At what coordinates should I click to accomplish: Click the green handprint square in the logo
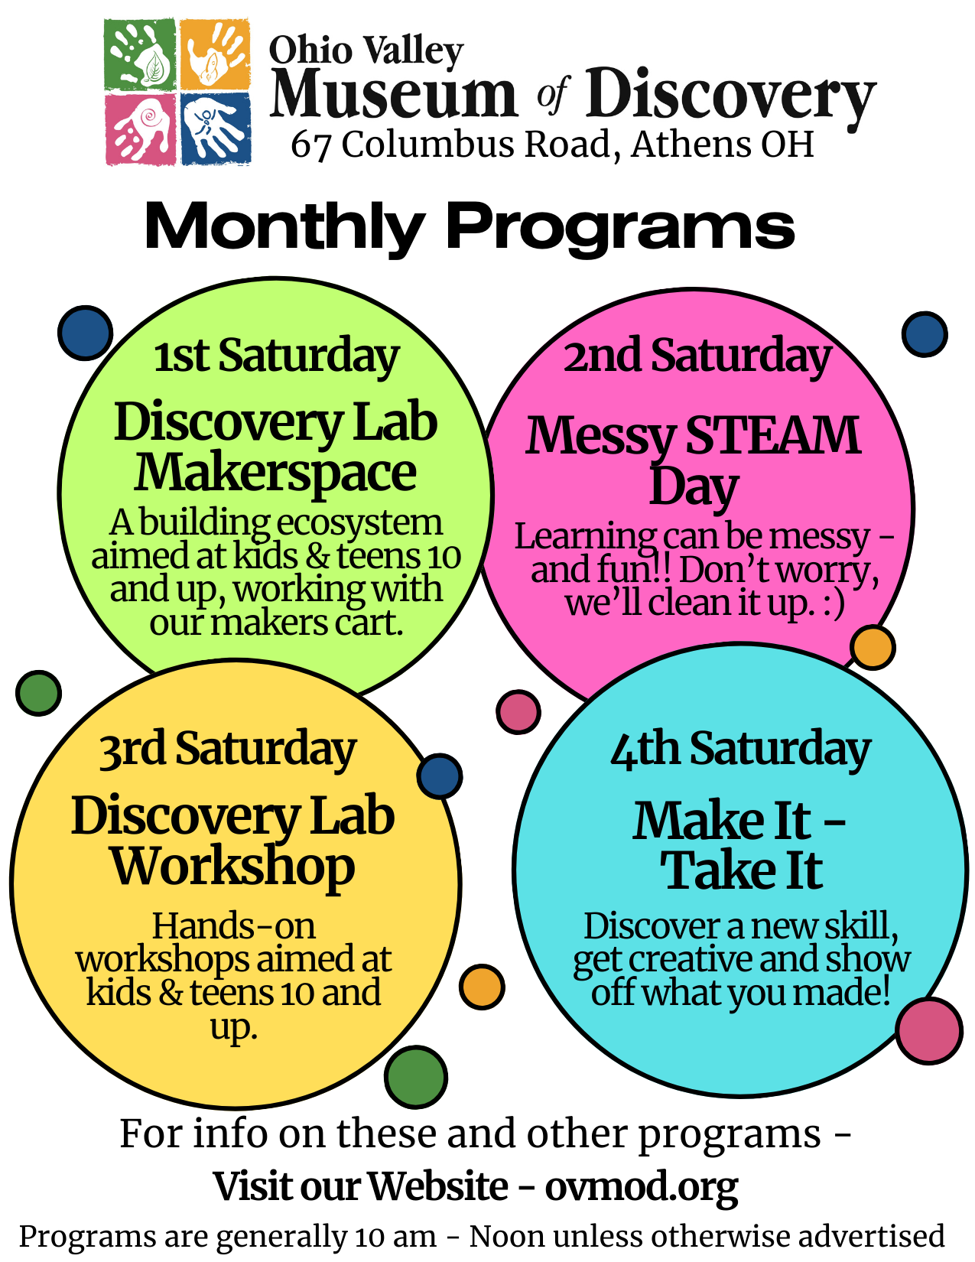[140, 54]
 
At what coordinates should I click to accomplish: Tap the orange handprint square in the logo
[215, 54]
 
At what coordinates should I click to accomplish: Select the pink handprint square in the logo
[140, 129]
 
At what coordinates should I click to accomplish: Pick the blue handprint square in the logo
[216, 129]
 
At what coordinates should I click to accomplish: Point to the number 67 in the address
[310, 146]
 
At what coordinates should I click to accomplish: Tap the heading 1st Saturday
[276, 356]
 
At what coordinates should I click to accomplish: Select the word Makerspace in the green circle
[275, 474]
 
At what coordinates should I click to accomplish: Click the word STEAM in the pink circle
[773, 435]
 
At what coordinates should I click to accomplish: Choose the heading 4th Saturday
[740, 749]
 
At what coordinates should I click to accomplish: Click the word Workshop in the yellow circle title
[233, 867]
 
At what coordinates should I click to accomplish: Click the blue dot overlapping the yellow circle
[440, 776]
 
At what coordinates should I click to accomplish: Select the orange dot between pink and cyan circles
[873, 647]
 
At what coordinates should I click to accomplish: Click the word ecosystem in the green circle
[359, 523]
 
